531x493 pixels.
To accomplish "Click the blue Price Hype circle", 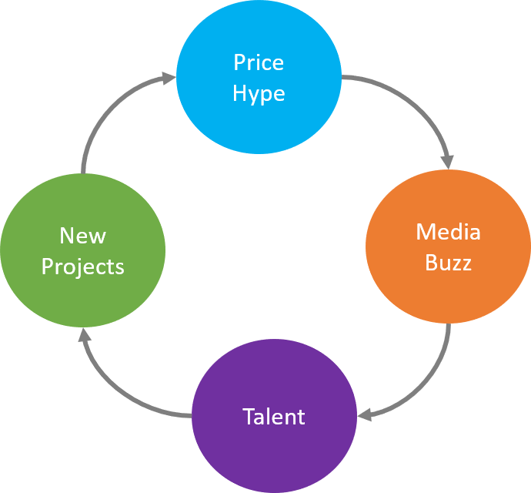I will click(x=259, y=77).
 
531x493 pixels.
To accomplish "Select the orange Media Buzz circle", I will click(x=448, y=247).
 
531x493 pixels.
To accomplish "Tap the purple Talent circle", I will click(x=274, y=417).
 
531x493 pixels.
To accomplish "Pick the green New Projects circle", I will click(x=82, y=251).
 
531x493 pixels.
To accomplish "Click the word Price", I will click(x=259, y=62).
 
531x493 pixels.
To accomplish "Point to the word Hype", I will click(x=259, y=94).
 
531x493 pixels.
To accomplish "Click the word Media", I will click(x=448, y=231).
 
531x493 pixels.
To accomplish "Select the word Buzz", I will click(x=448, y=263).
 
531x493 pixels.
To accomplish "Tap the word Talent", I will click(x=274, y=417).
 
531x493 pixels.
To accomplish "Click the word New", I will click(x=82, y=235).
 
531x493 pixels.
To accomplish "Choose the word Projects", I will click(x=82, y=267).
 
